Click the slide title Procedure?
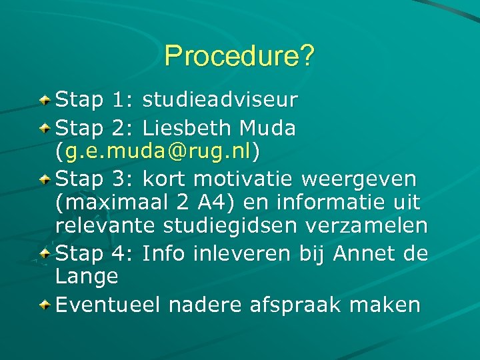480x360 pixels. pos(239,56)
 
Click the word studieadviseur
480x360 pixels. pos(220,101)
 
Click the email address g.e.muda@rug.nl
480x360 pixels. pos(159,153)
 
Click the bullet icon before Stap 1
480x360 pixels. pos(44,101)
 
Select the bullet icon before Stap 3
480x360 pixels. pos(44,179)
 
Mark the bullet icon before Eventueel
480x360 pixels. pos(44,305)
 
